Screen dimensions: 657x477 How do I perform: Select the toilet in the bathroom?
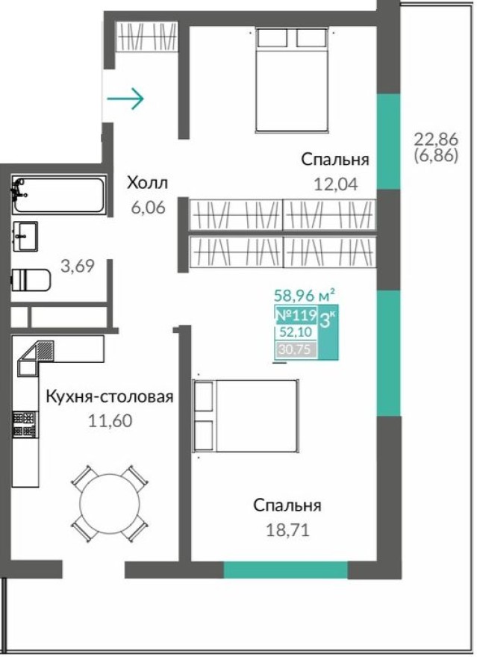[31, 280]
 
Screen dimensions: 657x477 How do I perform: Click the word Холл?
[147, 183]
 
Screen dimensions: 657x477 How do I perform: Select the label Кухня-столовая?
[109, 396]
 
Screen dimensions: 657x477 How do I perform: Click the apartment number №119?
[296, 314]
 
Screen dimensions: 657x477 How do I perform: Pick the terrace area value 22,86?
[435, 138]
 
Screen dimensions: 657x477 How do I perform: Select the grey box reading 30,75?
[296, 349]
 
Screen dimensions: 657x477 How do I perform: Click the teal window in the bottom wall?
[285, 570]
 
